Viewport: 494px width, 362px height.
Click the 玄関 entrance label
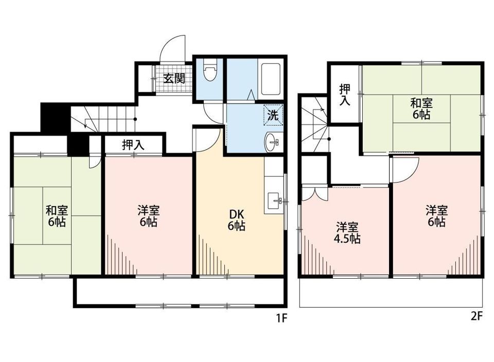click(174, 78)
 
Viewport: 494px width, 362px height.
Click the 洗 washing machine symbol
click(273, 115)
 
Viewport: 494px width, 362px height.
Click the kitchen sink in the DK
click(274, 201)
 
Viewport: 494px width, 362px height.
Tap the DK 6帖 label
click(236, 220)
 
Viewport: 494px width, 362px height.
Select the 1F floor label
click(281, 318)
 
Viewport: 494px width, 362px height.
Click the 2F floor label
click(477, 316)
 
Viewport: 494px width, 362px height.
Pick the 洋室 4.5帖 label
click(346, 232)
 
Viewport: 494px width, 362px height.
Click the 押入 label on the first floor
click(133, 144)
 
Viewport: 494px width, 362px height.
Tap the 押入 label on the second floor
click(345, 95)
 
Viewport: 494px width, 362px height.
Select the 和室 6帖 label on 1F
click(57, 215)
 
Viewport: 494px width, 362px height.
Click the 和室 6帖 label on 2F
click(421, 108)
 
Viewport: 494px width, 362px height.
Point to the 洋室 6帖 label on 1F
click(148, 215)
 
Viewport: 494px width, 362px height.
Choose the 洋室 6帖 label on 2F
click(436, 215)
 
